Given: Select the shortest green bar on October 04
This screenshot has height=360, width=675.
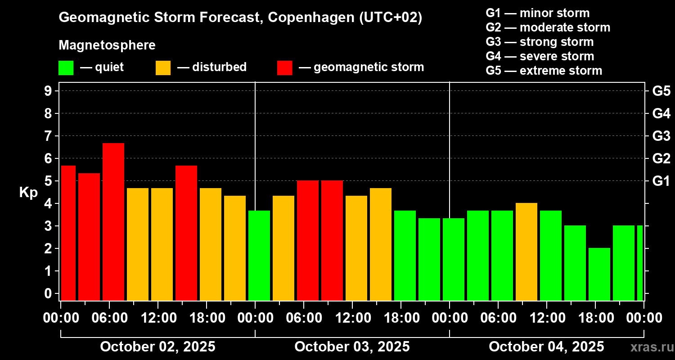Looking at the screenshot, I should (599, 274).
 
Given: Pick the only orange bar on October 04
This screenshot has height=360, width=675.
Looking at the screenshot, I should (526, 252).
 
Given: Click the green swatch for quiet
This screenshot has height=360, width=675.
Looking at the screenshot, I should (66, 68).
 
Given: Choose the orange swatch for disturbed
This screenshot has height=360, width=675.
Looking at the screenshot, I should (163, 68).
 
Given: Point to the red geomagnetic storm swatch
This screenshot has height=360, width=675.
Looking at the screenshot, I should (284, 68).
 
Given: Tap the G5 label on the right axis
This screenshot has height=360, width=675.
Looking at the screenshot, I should (661, 91).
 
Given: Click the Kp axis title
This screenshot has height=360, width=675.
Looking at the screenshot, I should (28, 193).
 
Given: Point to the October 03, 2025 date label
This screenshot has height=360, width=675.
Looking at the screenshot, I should (352, 347).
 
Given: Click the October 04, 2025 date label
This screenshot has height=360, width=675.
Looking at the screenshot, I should (546, 347).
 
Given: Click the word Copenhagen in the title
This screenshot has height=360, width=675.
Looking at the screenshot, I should (313, 18).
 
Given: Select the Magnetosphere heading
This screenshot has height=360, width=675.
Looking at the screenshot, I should (107, 45).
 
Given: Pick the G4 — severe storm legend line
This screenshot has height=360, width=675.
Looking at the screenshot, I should (540, 56).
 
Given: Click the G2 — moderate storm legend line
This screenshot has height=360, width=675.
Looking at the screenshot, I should (548, 27).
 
